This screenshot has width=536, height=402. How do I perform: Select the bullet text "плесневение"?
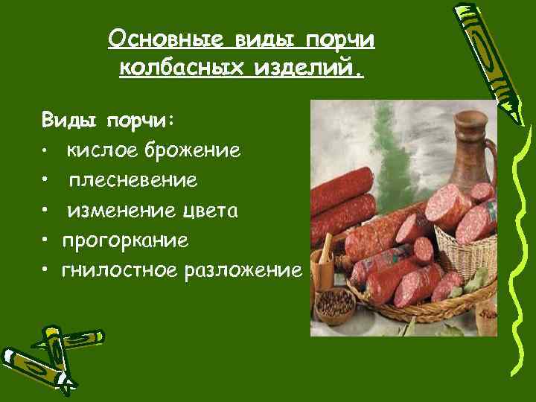pos(134,181)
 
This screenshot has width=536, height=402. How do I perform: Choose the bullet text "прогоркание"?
pos(125,240)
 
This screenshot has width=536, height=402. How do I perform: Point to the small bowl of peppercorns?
pos(336,304)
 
